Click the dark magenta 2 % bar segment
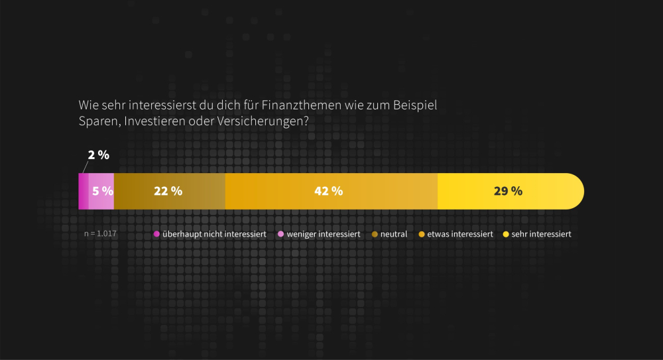click(x=84, y=192)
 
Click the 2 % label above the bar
click(x=99, y=155)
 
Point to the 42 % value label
click(x=328, y=191)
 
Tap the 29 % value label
click(x=508, y=191)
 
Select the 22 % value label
click(x=168, y=191)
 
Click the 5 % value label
click(x=103, y=191)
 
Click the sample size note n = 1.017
click(x=101, y=234)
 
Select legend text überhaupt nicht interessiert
click(x=214, y=234)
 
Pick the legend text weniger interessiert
click(x=323, y=234)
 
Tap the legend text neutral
click(x=394, y=234)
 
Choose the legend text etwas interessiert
click(x=460, y=234)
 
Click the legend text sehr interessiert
click(x=541, y=234)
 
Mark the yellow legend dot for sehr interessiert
click(x=507, y=234)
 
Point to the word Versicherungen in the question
click(x=271, y=122)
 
